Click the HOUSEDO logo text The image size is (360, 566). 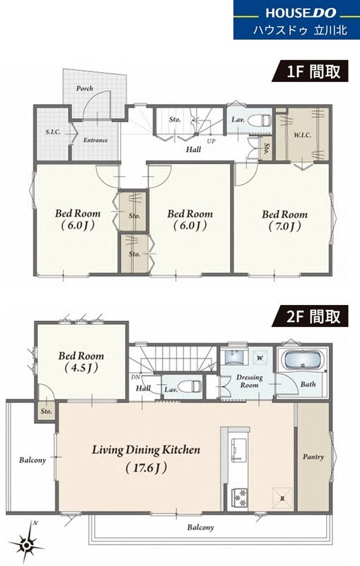301,13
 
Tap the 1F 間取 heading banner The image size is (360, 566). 310,71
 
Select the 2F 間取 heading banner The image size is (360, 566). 310,316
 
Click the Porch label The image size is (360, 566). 84,88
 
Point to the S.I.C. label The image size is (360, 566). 53,132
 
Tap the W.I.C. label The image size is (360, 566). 302,135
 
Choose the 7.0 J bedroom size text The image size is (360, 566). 284,226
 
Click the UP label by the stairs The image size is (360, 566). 211,141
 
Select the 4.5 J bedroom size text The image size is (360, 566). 81,368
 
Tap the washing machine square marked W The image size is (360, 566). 260,358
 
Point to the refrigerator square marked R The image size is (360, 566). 282,498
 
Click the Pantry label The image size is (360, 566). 313,456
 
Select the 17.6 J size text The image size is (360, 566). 146,468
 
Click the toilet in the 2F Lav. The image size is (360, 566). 190,386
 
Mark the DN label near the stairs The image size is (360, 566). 135,377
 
